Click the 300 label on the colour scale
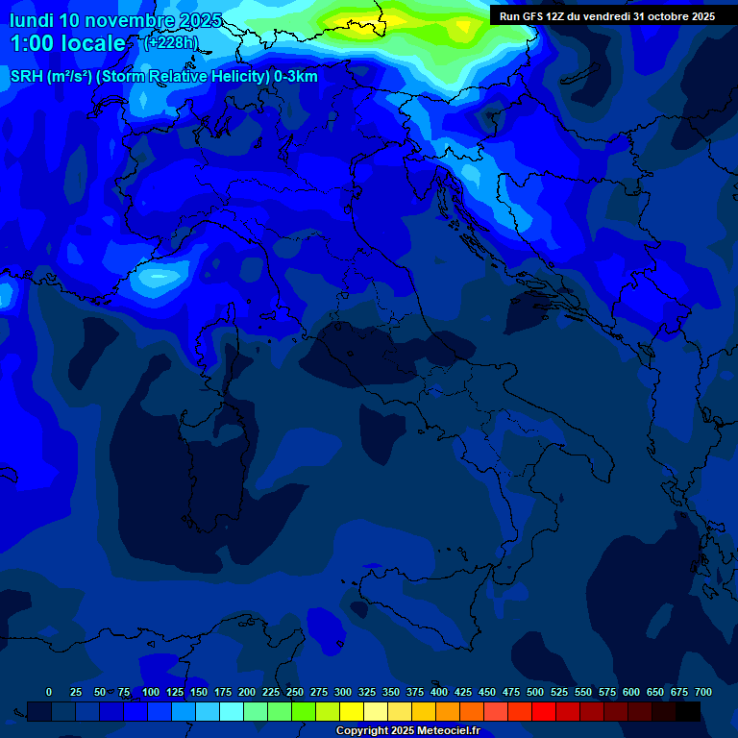[343, 692]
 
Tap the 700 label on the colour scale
[703, 692]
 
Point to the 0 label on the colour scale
[49, 692]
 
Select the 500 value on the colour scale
[535, 692]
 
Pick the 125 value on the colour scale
[175, 692]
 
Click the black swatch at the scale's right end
[688, 711]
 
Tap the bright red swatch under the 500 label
[544, 711]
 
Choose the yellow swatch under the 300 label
[352, 711]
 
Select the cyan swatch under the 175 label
[232, 711]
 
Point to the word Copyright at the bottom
[364, 731]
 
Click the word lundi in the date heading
[32, 20]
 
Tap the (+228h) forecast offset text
[170, 42]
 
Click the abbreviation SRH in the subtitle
[26, 77]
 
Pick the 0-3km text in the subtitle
[293, 77]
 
